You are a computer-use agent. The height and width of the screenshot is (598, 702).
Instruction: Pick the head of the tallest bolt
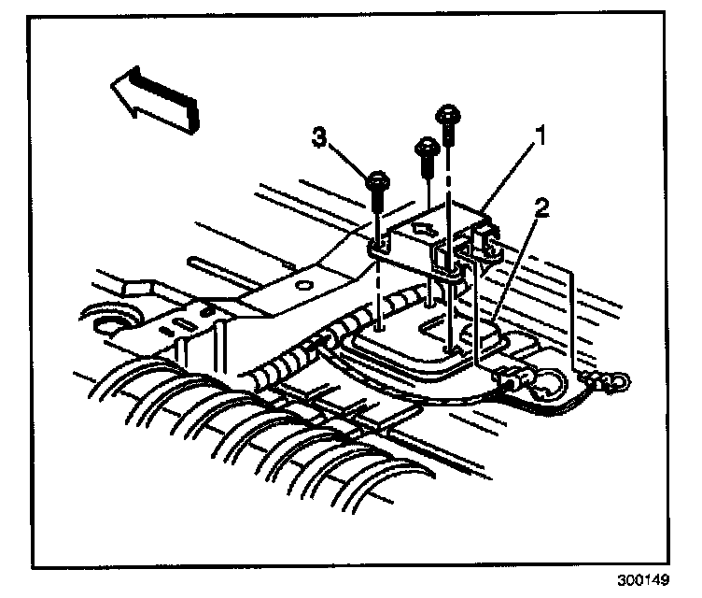(x=447, y=115)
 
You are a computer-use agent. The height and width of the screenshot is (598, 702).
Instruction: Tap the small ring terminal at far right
(x=617, y=381)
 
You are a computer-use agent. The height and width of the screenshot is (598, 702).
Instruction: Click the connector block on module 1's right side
(x=484, y=242)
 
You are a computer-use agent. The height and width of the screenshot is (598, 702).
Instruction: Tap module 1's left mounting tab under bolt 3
(x=376, y=249)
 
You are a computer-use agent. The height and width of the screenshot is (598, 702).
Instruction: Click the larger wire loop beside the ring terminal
(x=545, y=381)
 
